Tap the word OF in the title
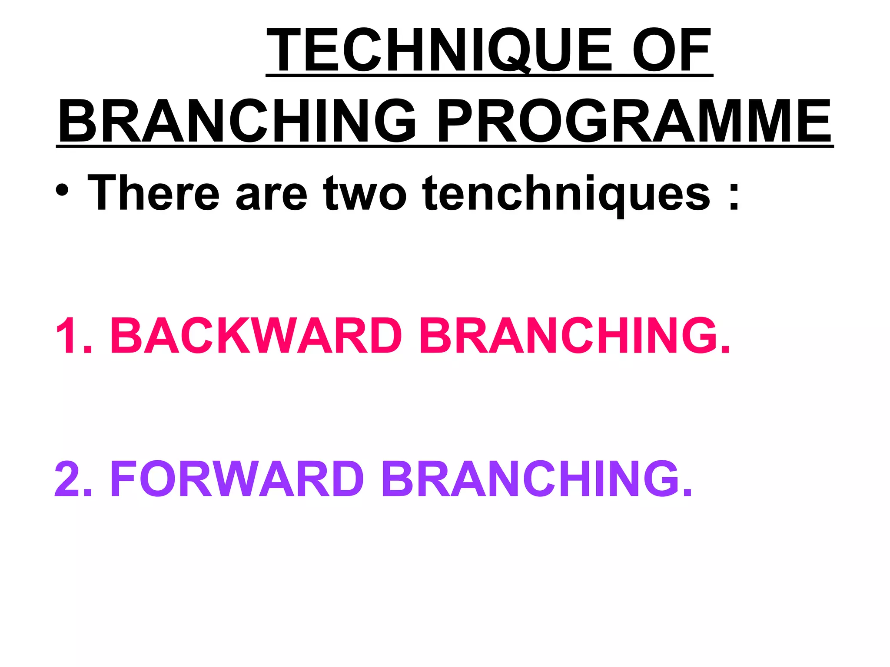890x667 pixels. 671,50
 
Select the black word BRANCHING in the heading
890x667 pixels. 237,121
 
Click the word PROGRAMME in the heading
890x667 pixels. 634,121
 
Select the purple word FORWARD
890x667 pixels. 237,479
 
